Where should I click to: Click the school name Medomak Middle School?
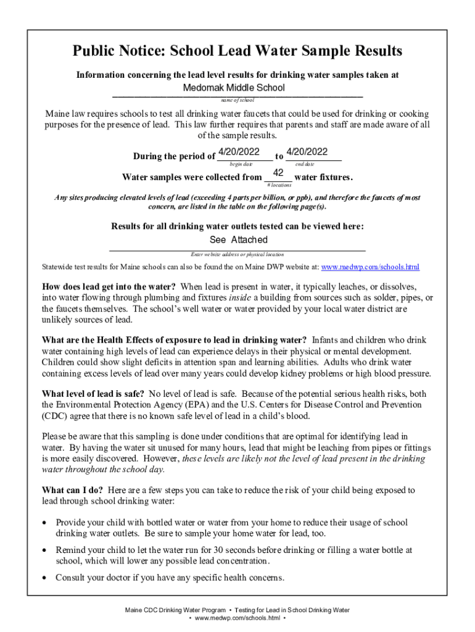click(x=234, y=88)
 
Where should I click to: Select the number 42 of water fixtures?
click(x=278, y=173)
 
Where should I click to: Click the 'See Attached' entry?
click(x=239, y=239)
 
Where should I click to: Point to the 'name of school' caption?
click(x=237, y=100)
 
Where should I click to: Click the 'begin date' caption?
click(x=241, y=164)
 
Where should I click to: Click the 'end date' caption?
click(x=305, y=164)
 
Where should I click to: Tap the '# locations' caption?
click(x=278, y=185)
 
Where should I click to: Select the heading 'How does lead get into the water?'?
click(x=109, y=286)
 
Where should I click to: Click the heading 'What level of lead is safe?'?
click(x=93, y=394)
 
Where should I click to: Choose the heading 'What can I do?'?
click(x=72, y=490)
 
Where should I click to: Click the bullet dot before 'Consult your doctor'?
click(x=44, y=578)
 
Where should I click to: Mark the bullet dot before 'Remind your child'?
click(x=44, y=550)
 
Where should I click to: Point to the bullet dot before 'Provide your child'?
click(x=44, y=523)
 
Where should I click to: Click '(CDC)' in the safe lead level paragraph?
click(x=55, y=416)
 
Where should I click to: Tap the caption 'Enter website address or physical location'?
click(x=237, y=254)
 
